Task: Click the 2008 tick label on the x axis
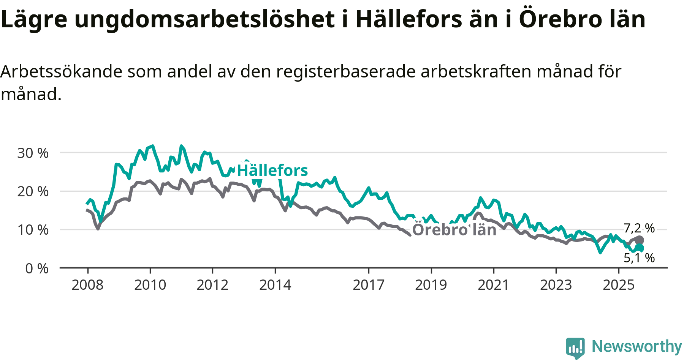[87, 285]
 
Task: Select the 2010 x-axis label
[150, 285]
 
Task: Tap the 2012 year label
[212, 285]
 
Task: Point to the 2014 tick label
[275, 285]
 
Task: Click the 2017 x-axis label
[369, 285]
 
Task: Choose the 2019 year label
[431, 285]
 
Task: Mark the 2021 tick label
[493, 285]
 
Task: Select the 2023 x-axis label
[556, 285]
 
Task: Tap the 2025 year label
[619, 285]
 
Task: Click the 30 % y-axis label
[33, 153]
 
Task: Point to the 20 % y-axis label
[33, 192]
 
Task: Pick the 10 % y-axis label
[33, 230]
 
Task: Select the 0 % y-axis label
[37, 269]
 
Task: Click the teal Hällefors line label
[272, 171]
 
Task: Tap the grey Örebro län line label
[454, 230]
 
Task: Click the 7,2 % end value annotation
[639, 228]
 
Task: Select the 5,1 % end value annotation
[639, 258]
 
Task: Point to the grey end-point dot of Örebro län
[639, 240]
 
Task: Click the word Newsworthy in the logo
[637, 346]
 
